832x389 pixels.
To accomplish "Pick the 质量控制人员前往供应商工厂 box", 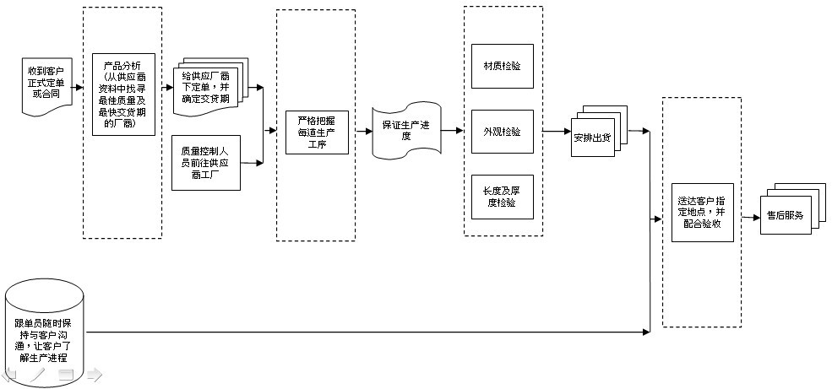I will pyautogui.click(x=206, y=162).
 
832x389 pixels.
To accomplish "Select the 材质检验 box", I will pyautogui.click(x=502, y=66).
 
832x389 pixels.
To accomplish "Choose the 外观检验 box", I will pyautogui.click(x=502, y=132).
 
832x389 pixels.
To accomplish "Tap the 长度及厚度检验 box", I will pyautogui.click(x=502, y=197).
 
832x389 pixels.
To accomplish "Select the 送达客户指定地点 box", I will pyautogui.click(x=703, y=211).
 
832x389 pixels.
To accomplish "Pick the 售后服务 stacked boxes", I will pyautogui.click(x=784, y=215).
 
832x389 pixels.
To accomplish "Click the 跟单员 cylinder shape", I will pyautogui.click(x=46, y=332).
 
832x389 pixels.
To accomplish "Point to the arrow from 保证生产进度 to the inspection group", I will pyautogui.click(x=449, y=132).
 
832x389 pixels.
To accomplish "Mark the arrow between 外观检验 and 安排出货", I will pyautogui.click(x=557, y=132).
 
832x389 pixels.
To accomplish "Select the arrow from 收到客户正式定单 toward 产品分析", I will pyautogui.click(x=78, y=87).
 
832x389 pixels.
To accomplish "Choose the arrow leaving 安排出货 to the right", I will pyautogui.click(x=638, y=132).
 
